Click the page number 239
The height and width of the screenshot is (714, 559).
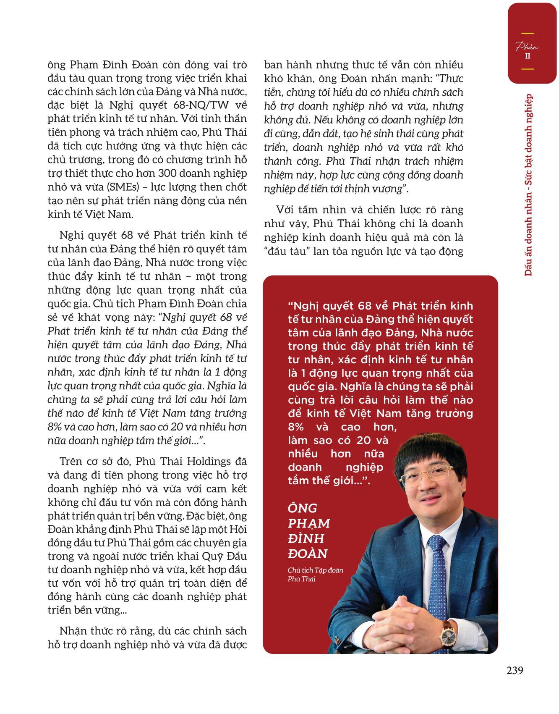click(x=515, y=670)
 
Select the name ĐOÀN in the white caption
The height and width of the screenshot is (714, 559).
click(x=308, y=554)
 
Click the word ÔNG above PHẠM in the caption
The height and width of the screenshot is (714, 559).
click(x=302, y=509)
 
